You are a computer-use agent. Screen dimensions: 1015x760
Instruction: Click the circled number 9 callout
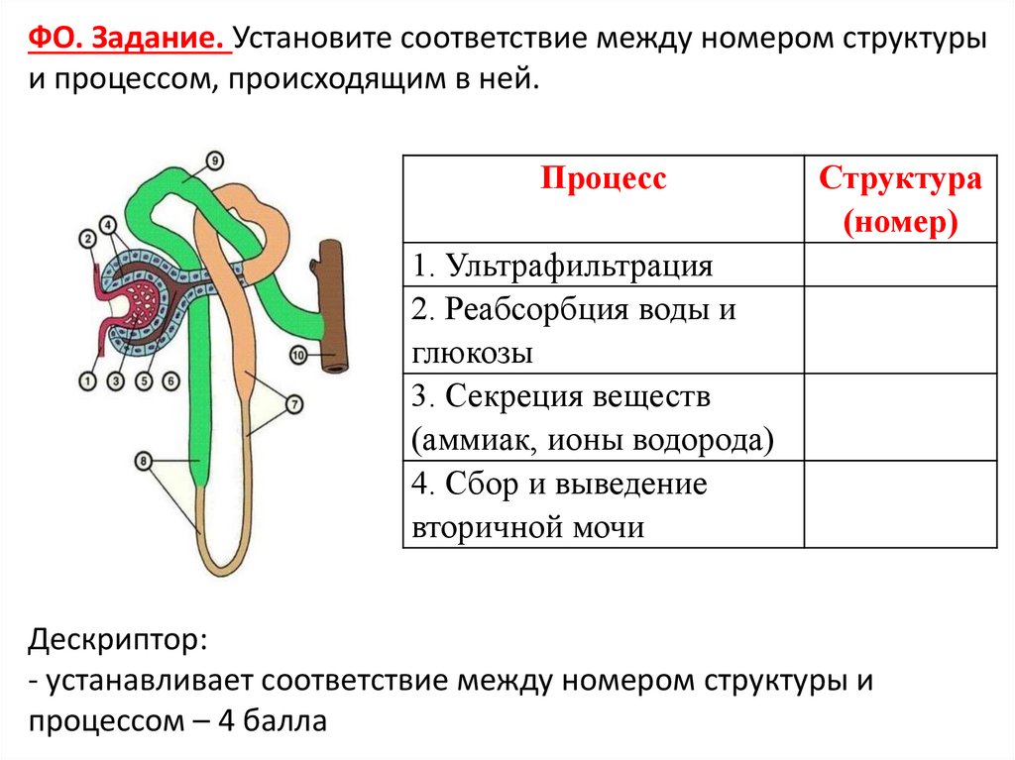tap(215, 161)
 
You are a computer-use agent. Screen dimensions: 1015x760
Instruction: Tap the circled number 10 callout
tap(299, 354)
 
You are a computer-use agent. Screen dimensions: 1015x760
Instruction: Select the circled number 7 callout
tap(294, 403)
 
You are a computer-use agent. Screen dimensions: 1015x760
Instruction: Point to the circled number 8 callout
tap(144, 460)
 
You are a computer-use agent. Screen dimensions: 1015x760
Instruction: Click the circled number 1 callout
tap(87, 380)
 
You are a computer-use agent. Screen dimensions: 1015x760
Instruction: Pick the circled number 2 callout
tap(87, 238)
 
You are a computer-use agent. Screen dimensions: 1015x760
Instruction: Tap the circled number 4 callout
tap(108, 224)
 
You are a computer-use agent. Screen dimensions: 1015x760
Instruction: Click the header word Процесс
tap(603, 178)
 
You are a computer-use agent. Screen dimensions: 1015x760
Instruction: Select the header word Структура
tap(900, 179)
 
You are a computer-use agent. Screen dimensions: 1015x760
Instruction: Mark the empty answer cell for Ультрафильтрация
tap(900, 266)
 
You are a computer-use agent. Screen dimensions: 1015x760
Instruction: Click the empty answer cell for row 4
tap(900, 504)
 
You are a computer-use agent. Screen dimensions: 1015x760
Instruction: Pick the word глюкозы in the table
tap(471, 353)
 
